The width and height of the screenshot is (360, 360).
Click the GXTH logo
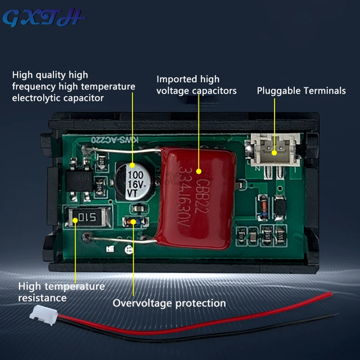coord(44,18)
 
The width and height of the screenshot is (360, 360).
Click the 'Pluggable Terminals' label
coord(301,90)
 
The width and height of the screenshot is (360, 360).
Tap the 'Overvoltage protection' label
coord(169,303)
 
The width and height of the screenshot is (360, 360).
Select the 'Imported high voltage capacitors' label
coord(196,85)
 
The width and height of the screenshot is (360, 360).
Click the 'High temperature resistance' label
coord(61,292)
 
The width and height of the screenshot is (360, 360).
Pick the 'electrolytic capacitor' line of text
coord(58,98)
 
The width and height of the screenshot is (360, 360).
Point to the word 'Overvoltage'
coord(142,303)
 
